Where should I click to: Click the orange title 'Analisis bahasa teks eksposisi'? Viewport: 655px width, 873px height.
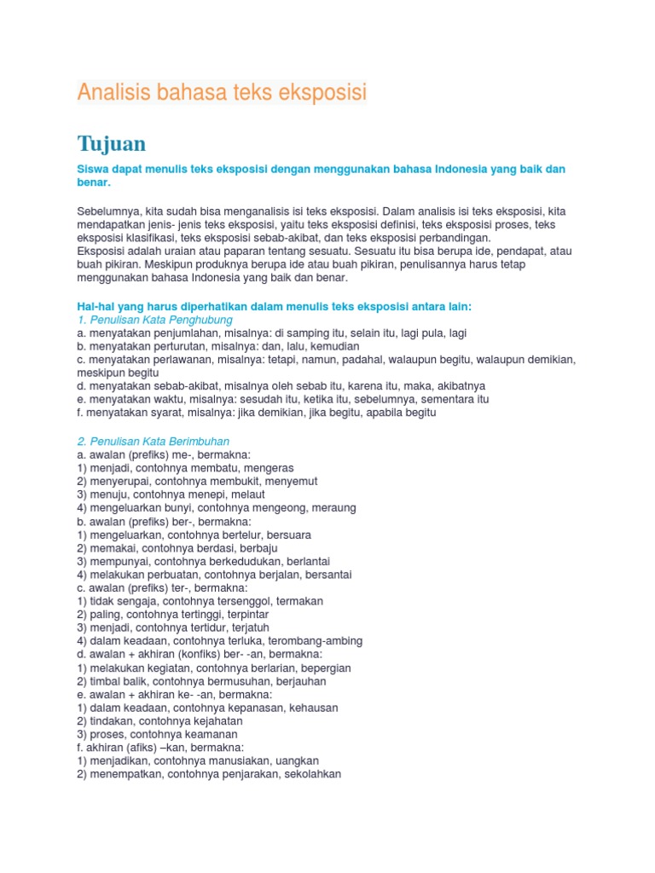click(222, 93)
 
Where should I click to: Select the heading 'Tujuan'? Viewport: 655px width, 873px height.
click(112, 142)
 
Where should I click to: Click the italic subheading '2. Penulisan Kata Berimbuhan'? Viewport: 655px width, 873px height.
click(154, 442)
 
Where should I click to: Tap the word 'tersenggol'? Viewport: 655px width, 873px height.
click(243, 601)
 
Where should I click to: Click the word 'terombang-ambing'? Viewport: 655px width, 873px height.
click(318, 640)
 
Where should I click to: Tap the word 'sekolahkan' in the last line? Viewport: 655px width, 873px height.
click(313, 774)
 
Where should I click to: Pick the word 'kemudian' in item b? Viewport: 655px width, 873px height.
click(336, 347)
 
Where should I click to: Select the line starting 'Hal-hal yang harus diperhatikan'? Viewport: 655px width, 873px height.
click(274, 306)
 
